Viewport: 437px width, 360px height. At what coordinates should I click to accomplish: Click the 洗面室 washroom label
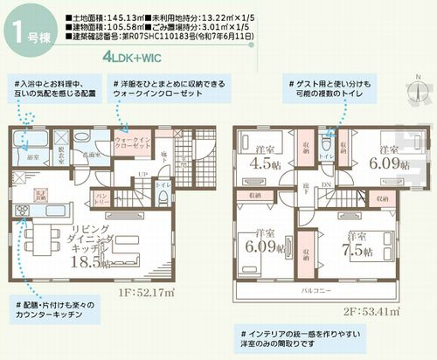coord(87,151)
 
